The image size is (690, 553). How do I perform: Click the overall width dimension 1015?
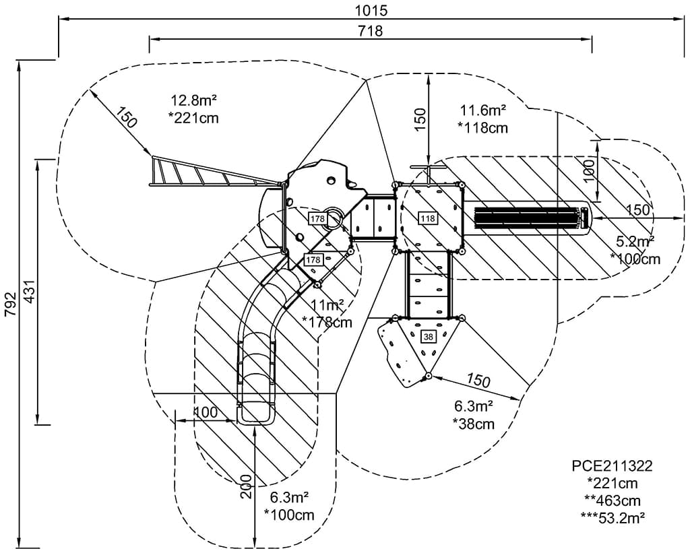[x=371, y=11]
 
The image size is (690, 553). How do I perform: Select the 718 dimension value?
[x=370, y=31]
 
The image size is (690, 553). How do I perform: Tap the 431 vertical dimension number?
[x=30, y=291]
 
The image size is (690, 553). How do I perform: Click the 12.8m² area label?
[x=193, y=100]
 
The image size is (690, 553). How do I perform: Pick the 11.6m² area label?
[x=482, y=109]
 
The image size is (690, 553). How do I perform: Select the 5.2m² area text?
[x=635, y=241]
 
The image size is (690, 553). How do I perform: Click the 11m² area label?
[x=327, y=305]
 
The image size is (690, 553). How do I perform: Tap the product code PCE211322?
[x=612, y=465]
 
